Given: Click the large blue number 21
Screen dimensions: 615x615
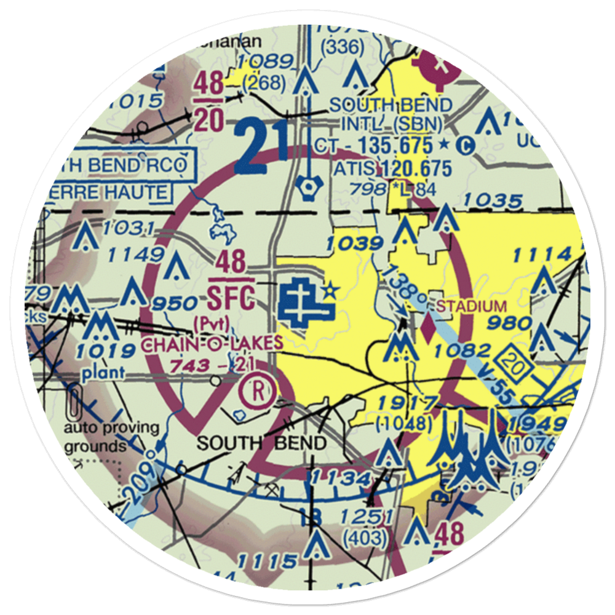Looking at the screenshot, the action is tap(261, 147).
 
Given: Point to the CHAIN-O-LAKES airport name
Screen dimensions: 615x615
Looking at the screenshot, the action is tap(212, 344).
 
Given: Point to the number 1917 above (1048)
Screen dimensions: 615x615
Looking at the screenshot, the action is tap(408, 403).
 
